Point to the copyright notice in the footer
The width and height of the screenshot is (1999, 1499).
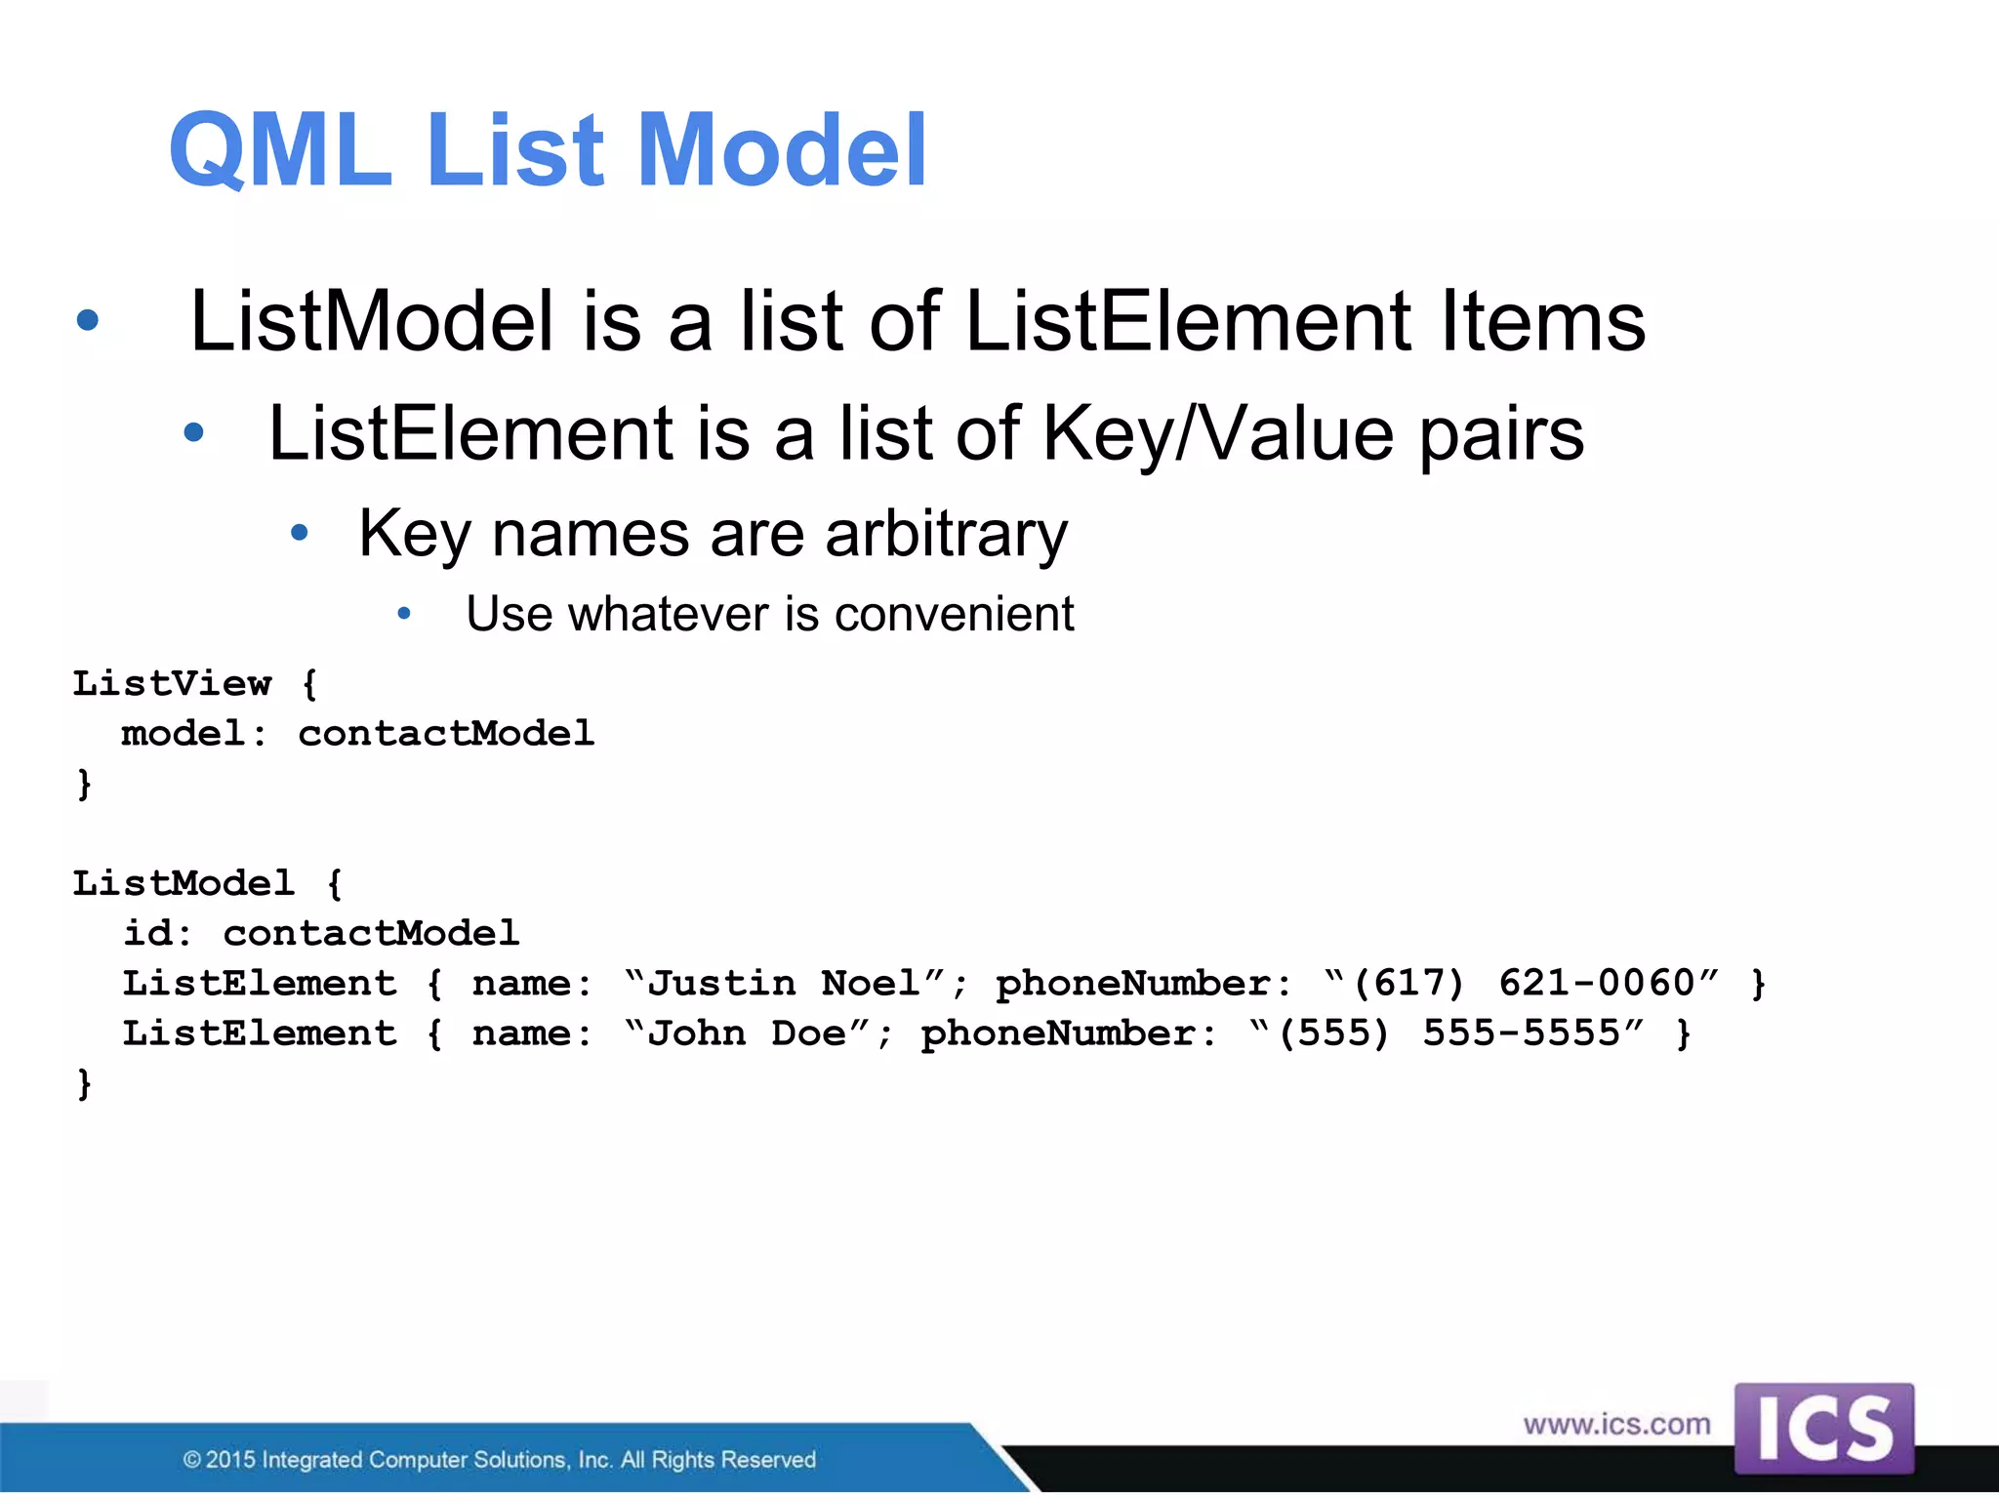(499, 1459)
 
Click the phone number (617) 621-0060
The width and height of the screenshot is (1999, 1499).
(1523, 983)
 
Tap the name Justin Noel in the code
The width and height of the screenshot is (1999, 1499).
(784, 983)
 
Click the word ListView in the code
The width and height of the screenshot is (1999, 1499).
(173, 683)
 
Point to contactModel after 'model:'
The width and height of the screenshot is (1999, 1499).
(446, 733)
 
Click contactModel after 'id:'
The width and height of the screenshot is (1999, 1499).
(371, 933)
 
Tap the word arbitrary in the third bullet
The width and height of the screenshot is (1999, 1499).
(946, 534)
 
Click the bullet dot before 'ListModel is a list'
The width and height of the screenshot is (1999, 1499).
(88, 320)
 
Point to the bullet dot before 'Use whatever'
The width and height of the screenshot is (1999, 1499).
(404, 614)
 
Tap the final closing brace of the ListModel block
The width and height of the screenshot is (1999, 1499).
(85, 1083)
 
